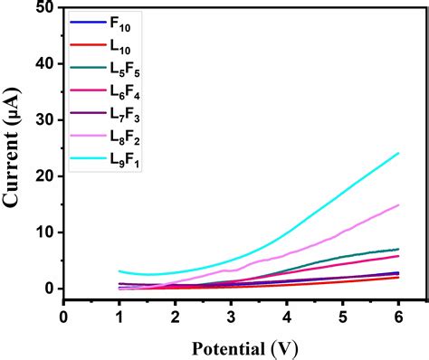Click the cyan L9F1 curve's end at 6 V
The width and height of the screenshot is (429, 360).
click(x=398, y=153)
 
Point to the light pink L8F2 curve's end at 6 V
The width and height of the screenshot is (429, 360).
click(x=398, y=204)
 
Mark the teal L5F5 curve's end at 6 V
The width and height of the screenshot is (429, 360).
click(x=398, y=249)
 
